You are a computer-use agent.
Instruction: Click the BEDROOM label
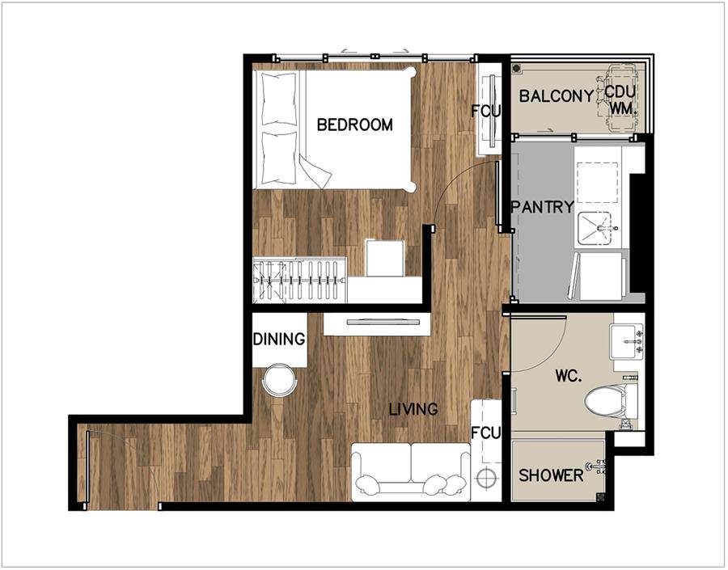click(x=355, y=125)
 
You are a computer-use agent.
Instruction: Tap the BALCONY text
click(x=557, y=96)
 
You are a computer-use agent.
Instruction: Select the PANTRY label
click(x=542, y=206)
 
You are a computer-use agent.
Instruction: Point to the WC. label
click(x=569, y=375)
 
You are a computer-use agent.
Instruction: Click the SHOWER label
click(x=551, y=475)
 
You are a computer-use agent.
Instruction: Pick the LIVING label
click(x=413, y=409)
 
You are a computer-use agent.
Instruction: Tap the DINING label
click(x=279, y=339)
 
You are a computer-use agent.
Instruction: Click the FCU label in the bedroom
click(x=485, y=111)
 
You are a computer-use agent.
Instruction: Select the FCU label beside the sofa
click(x=485, y=433)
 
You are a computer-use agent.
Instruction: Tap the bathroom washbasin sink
click(x=626, y=342)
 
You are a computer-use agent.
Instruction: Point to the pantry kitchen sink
click(x=598, y=227)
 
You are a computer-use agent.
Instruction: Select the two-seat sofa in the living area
click(x=411, y=471)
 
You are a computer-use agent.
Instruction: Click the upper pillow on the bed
click(x=278, y=99)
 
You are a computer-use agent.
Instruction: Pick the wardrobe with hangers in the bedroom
click(x=299, y=281)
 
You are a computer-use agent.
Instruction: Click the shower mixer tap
click(x=598, y=467)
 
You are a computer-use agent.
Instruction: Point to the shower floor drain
click(x=600, y=497)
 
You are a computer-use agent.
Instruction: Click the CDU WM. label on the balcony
click(x=620, y=99)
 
